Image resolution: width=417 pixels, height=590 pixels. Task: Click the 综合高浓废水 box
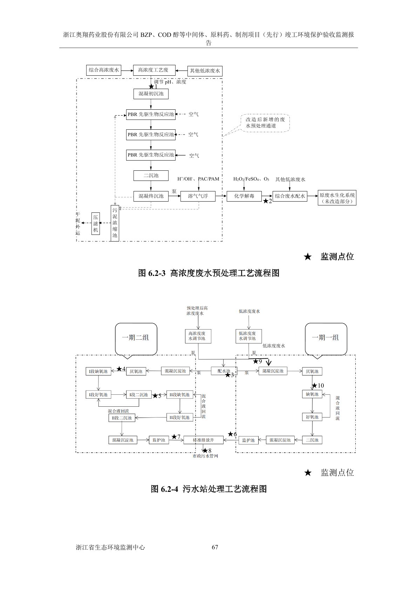click(104, 70)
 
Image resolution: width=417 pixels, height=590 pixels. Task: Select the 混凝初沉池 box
click(151, 94)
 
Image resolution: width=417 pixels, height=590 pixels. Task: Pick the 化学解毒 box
click(244, 196)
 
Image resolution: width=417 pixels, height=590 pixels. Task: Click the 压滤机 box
click(95, 223)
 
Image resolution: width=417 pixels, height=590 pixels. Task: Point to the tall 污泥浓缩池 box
click(115, 223)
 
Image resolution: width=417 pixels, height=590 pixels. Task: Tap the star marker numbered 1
click(151, 86)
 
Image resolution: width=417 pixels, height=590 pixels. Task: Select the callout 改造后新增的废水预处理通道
click(265, 123)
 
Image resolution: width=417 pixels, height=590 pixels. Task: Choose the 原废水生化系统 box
click(337, 198)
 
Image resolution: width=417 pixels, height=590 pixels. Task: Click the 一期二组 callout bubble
click(135, 338)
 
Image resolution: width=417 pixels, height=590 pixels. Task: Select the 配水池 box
click(224, 371)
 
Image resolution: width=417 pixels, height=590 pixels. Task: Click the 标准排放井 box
click(203, 440)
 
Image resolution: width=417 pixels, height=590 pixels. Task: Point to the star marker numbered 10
click(314, 386)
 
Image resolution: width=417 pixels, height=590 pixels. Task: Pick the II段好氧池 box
click(180, 418)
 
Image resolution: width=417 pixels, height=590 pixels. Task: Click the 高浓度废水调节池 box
click(198, 336)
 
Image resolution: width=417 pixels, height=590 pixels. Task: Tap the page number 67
click(215, 547)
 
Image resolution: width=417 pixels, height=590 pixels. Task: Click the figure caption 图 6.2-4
click(208, 489)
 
